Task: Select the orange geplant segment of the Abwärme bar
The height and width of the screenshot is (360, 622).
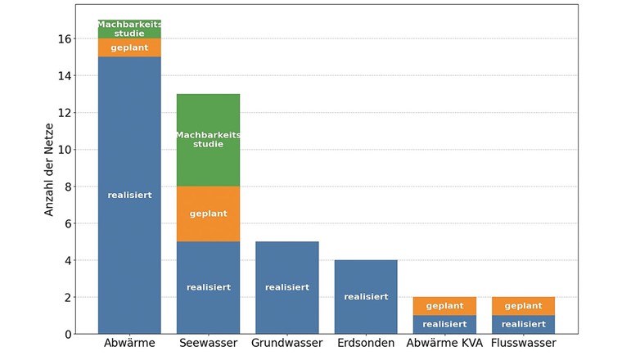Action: tap(129, 48)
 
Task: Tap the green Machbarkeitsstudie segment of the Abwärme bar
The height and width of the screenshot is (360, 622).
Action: tap(129, 29)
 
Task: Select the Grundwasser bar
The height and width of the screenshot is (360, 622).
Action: tap(287, 288)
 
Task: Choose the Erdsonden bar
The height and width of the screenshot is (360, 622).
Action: tap(366, 296)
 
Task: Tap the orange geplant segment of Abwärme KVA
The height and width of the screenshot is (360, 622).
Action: tap(444, 306)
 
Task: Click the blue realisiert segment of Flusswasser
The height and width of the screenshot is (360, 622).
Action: tap(523, 325)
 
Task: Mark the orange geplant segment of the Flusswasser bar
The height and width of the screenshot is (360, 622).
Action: tap(523, 306)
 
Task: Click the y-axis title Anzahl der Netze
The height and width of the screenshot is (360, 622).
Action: tap(49, 169)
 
